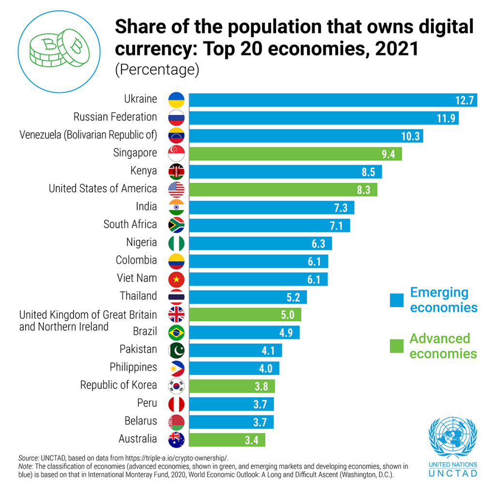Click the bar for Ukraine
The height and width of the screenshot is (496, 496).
(333, 100)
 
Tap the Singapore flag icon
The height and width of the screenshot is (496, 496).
(176, 154)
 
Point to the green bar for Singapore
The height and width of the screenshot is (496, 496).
(295, 154)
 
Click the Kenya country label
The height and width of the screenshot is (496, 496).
(143, 171)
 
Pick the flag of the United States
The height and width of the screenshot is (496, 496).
(176, 189)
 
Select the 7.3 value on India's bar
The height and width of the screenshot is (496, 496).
(341, 207)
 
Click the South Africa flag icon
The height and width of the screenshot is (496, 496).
(176, 225)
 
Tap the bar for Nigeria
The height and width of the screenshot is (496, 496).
(260, 243)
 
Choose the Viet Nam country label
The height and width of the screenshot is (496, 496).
(137, 278)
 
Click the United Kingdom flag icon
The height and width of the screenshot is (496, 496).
(176, 315)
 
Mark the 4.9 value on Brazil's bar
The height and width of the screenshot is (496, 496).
(286, 333)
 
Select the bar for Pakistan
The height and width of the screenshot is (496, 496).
(235, 350)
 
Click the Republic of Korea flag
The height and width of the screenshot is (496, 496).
(176, 386)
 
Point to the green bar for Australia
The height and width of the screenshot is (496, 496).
(227, 440)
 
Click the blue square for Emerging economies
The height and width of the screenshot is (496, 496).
(397, 300)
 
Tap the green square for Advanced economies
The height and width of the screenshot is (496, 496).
(397, 346)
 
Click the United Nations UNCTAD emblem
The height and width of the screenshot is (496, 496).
(452, 438)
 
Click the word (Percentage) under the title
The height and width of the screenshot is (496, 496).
(157, 70)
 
